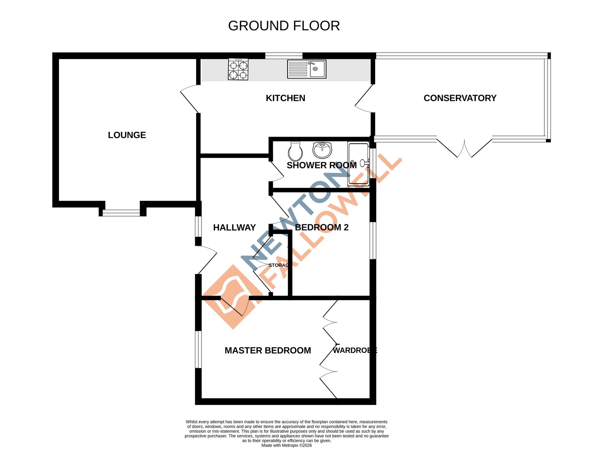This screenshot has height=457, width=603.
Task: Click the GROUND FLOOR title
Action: tap(284, 26)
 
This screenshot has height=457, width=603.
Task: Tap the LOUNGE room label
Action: tap(127, 135)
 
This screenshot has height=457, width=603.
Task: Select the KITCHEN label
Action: tap(285, 98)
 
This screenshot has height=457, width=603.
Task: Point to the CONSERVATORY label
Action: tap(460, 98)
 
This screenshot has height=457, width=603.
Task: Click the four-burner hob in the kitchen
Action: tap(238, 69)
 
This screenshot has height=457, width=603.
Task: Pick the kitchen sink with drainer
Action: tap(307, 69)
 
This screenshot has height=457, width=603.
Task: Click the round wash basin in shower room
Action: tap(322, 150)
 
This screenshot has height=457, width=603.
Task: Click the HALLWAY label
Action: tap(234, 227)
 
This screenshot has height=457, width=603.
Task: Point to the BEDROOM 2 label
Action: tap(321, 227)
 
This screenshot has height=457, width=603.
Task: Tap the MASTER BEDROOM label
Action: tap(268, 350)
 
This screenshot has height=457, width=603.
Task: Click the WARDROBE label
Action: tap(355, 350)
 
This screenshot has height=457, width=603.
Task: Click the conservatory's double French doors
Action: tap(464, 148)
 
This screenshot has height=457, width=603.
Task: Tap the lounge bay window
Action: tap(122, 213)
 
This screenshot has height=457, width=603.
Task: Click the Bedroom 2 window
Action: tap(373, 240)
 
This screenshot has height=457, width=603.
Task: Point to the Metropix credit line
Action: tap(286, 445)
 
